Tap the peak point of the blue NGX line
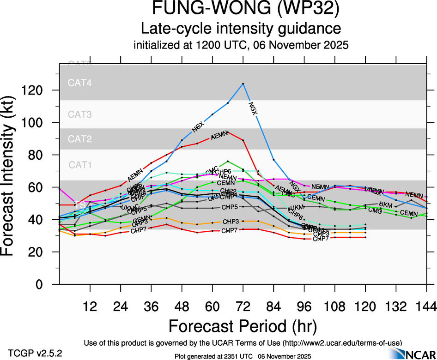point(243,84)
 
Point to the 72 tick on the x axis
point(243,306)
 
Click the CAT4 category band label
point(80,84)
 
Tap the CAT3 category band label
point(80,114)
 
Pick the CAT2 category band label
point(80,139)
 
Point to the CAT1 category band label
point(80,165)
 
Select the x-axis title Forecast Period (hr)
point(243,326)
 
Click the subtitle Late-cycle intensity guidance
point(241,29)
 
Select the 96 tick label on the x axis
point(304,306)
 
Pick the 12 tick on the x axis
point(90,306)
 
